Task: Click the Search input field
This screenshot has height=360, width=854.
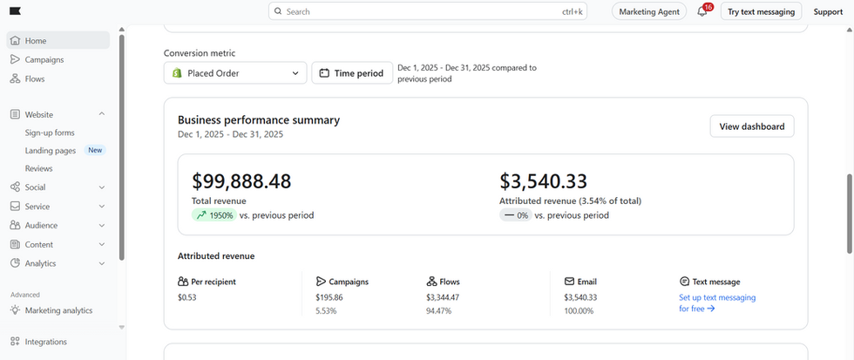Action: tap(428, 11)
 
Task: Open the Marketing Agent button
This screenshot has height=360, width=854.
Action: tap(649, 11)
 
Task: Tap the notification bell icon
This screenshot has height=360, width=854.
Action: tap(702, 12)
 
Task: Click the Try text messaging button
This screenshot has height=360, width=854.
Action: tap(761, 11)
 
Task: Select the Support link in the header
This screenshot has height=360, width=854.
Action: tap(828, 12)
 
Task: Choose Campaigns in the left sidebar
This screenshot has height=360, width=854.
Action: tap(44, 60)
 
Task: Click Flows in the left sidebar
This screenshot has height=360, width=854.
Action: tap(35, 79)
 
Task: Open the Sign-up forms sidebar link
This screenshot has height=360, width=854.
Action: tap(50, 132)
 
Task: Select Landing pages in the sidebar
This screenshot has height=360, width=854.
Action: tap(51, 151)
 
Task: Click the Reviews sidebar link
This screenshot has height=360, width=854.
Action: tap(38, 169)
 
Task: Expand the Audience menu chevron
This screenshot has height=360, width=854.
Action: tap(102, 226)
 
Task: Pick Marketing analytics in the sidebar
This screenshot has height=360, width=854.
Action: tap(58, 310)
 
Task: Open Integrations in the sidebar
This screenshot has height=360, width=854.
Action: tap(45, 342)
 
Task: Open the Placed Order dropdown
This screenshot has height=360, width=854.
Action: tap(235, 73)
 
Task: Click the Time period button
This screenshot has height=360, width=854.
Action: tap(352, 73)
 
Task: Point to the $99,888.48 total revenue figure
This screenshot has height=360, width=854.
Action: tap(241, 181)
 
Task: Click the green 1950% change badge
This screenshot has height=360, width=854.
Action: tap(214, 215)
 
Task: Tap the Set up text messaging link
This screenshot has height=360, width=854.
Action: tap(717, 302)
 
